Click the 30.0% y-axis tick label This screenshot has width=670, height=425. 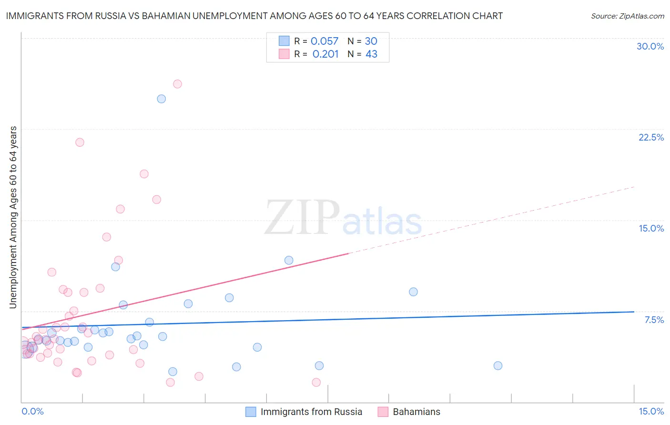(x=650, y=46)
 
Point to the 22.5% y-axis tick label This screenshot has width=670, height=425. (x=651, y=137)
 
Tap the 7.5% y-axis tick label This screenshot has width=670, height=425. (x=654, y=320)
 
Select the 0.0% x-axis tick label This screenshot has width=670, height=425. (x=32, y=411)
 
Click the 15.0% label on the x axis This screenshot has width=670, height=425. (x=651, y=411)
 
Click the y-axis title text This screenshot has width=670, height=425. (x=13, y=217)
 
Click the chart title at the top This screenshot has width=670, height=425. (x=254, y=16)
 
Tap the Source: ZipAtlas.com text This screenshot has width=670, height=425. (x=627, y=16)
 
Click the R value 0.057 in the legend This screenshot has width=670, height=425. (x=325, y=41)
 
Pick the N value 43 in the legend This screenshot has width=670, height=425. (x=371, y=54)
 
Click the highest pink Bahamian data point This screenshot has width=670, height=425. (x=177, y=84)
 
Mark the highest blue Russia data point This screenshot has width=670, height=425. (x=162, y=99)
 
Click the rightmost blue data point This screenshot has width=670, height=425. (x=498, y=366)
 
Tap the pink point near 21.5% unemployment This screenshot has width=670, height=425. (x=80, y=142)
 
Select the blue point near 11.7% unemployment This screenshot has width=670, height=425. (x=289, y=260)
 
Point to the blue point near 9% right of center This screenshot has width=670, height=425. (x=413, y=292)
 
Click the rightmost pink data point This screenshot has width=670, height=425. (x=316, y=382)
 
